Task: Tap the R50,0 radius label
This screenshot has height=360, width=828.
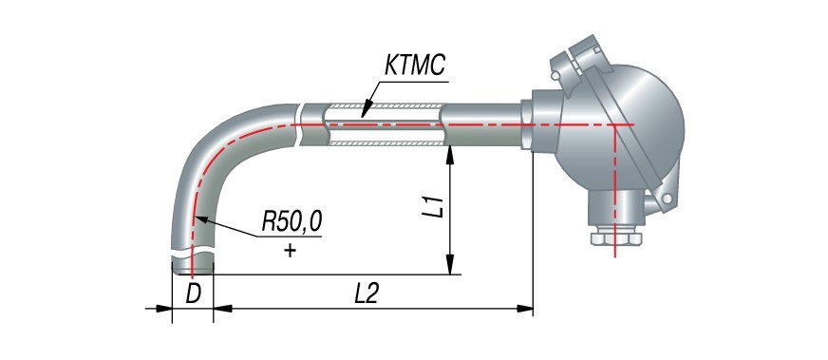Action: pyautogui.click(x=292, y=223)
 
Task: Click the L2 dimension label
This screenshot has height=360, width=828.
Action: pyautogui.click(x=366, y=294)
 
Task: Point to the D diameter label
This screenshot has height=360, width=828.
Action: pyautogui.click(x=194, y=295)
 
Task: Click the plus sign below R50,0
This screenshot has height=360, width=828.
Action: pyautogui.click(x=289, y=250)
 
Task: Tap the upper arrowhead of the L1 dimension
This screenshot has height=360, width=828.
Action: pyautogui.click(x=450, y=154)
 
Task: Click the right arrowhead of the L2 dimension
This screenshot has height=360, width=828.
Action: pyautogui.click(x=524, y=309)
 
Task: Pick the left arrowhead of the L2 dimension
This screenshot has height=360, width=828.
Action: pyautogui.click(x=222, y=309)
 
